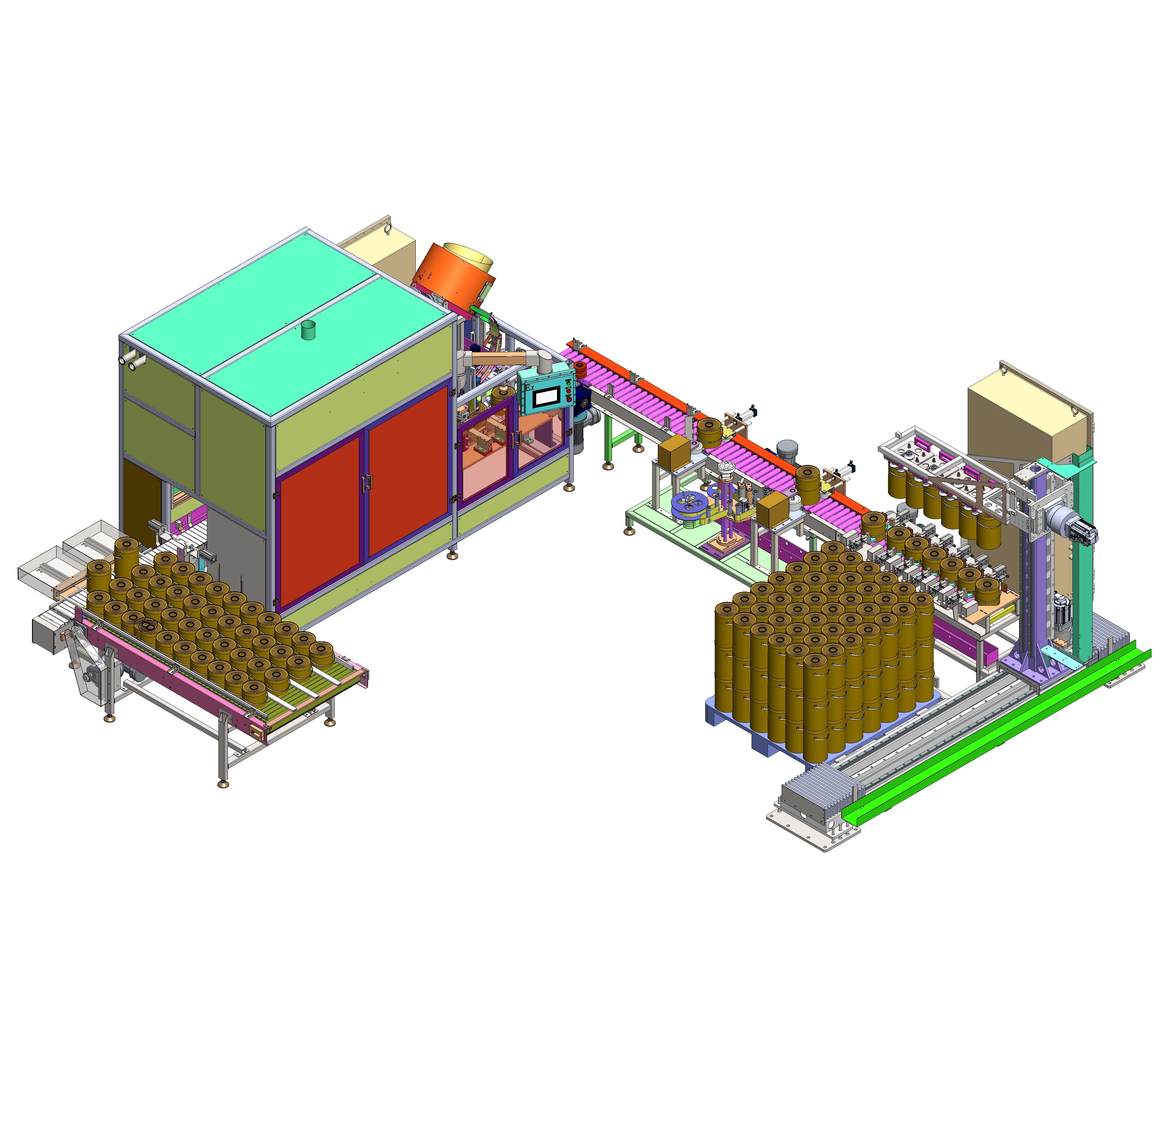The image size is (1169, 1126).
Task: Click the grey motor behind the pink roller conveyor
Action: tap(787, 449)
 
